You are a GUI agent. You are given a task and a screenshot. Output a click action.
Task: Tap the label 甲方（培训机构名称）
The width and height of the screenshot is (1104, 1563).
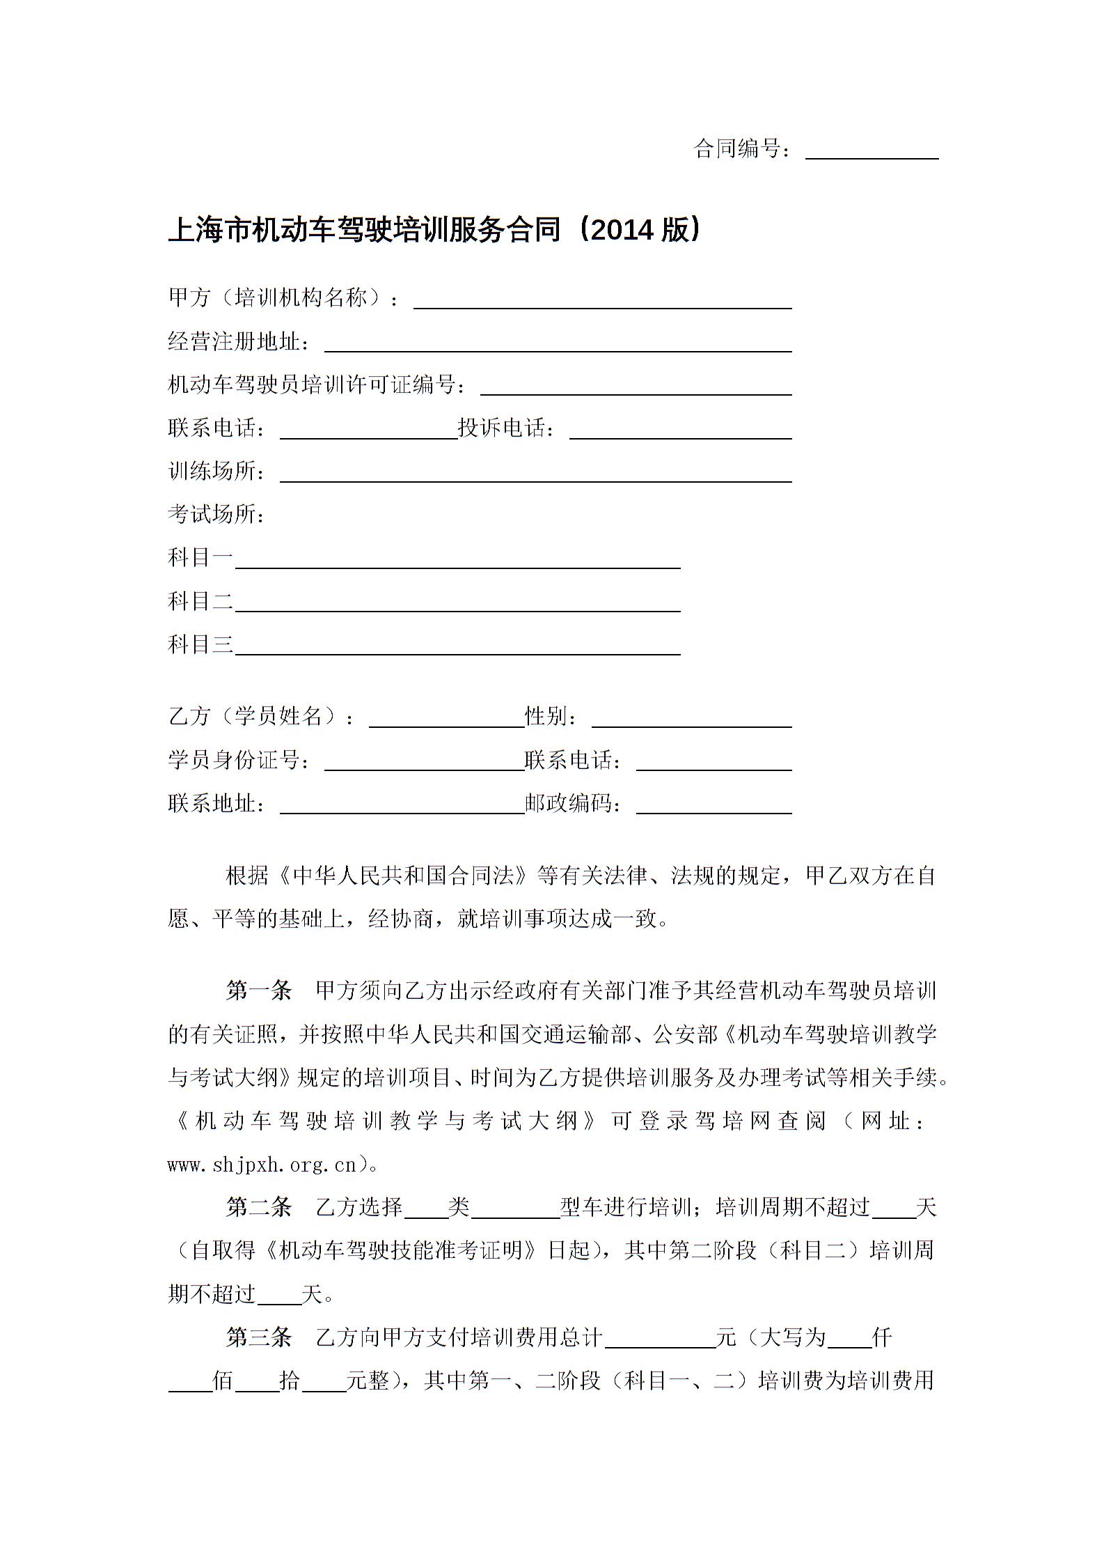pyautogui.click(x=276, y=298)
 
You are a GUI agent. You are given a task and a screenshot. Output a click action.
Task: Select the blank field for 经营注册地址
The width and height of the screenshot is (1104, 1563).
pyautogui.click(x=558, y=344)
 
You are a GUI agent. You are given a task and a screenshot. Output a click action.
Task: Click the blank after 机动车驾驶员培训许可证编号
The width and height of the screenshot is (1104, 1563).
pyautogui.click(x=636, y=387)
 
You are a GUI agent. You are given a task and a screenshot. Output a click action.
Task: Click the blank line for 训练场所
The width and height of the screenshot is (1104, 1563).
pyautogui.click(x=535, y=474)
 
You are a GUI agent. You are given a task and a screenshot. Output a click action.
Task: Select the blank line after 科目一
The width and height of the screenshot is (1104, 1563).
pyautogui.click(x=457, y=561)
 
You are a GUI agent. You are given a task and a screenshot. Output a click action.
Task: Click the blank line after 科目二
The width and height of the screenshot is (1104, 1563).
pyautogui.click(x=457, y=604)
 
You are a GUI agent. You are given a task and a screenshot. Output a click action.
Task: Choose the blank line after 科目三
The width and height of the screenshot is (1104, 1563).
pyautogui.click(x=457, y=647)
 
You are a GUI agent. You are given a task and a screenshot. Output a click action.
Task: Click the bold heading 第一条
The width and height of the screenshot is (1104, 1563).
pyautogui.click(x=259, y=990)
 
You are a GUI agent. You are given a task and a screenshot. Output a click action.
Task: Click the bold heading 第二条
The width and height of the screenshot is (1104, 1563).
pyautogui.click(x=259, y=1207)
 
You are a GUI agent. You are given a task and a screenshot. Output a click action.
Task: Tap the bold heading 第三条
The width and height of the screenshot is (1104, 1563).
pyautogui.click(x=259, y=1337)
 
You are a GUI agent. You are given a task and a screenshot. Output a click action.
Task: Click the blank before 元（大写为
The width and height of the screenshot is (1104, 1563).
pyautogui.click(x=660, y=1339)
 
